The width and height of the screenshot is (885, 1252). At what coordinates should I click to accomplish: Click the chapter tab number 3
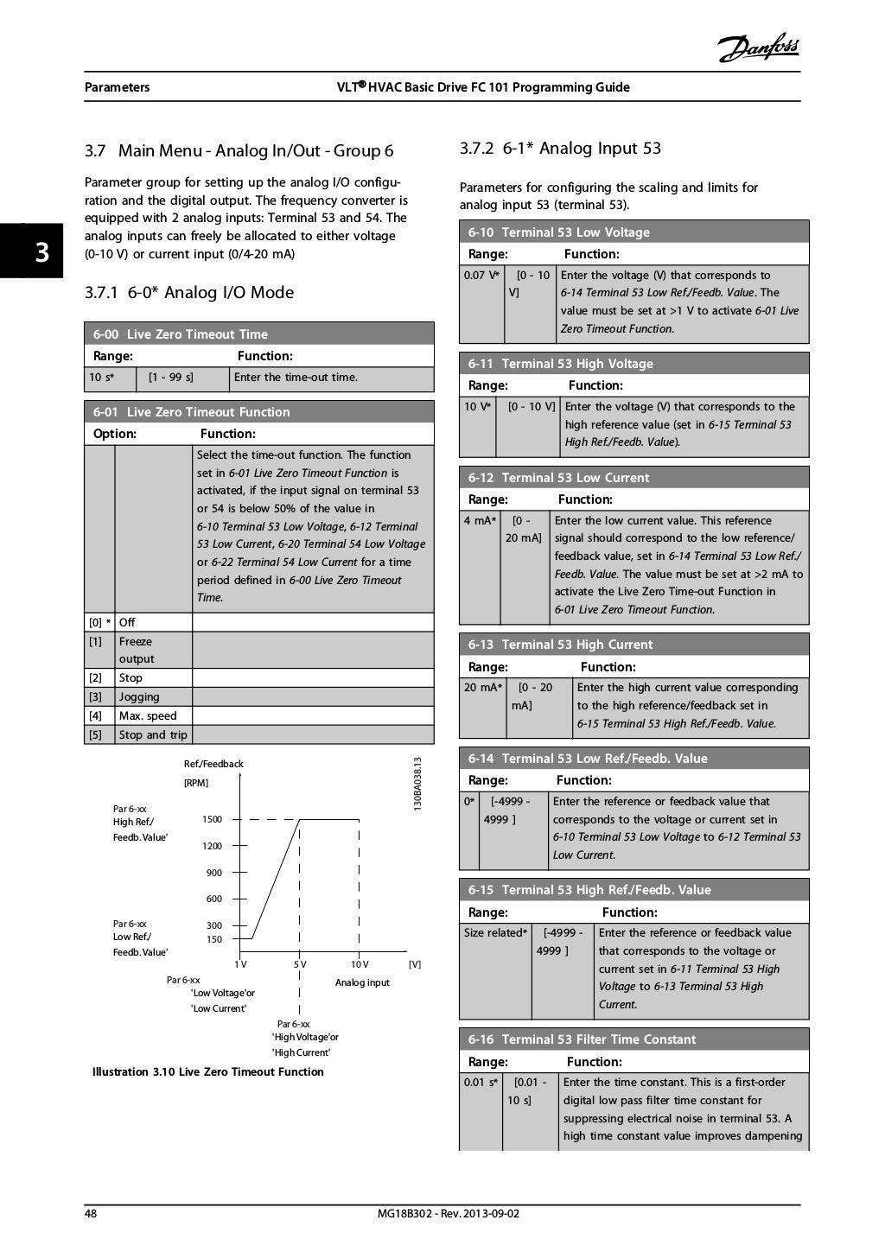click(x=41, y=252)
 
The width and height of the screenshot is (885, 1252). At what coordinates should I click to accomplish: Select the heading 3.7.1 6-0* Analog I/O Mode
click(x=189, y=293)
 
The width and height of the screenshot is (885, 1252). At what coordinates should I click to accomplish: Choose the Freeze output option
click(x=137, y=650)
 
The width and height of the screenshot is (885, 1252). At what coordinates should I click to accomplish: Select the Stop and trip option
click(x=153, y=735)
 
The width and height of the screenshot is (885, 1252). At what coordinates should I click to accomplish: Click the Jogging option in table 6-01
click(x=139, y=697)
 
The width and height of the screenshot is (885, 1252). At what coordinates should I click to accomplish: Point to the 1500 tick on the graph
click(x=213, y=819)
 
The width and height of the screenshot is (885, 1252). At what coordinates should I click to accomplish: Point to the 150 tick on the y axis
click(x=213, y=939)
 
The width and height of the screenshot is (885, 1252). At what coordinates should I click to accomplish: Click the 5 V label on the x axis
click(x=299, y=964)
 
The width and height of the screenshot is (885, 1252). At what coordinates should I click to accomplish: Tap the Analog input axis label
click(x=362, y=982)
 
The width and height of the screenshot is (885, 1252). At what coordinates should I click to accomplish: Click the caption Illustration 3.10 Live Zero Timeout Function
click(x=208, y=1072)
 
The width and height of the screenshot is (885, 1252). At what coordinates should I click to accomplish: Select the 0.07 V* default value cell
click(x=481, y=276)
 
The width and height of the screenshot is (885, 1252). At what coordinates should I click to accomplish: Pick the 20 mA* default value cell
click(x=482, y=688)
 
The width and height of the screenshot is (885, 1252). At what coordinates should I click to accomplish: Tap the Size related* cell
click(x=494, y=933)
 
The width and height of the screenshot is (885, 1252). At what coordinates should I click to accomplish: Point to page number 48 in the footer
click(x=91, y=1214)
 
